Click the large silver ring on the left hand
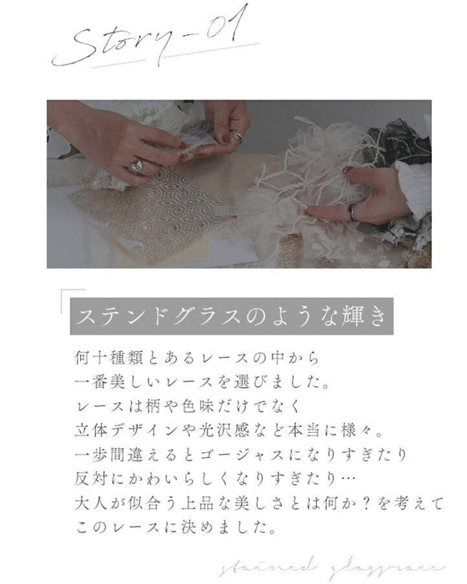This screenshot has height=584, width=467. pos(135,168)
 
